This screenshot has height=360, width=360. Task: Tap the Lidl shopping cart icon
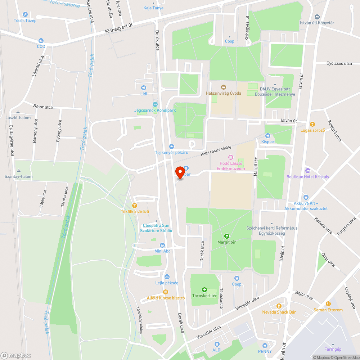click(x=144, y=87)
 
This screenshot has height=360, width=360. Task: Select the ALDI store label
click(x=217, y=350)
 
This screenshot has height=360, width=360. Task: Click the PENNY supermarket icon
click(x=265, y=345)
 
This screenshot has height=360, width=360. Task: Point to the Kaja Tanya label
click(x=153, y=8)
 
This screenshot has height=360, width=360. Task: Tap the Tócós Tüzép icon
click(x=25, y=14)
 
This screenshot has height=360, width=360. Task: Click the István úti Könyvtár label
click(x=317, y=23)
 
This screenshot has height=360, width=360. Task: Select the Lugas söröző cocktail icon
click(x=312, y=124)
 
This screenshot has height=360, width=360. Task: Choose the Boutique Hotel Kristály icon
click(x=307, y=170)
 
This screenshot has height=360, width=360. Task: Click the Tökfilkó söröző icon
click(x=135, y=205)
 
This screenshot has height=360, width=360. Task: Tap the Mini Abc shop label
click(x=162, y=251)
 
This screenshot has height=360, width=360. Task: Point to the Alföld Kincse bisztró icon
click(x=166, y=292)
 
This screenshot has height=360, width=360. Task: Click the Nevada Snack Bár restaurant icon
click(x=279, y=306)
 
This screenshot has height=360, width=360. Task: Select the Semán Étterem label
click(x=328, y=310)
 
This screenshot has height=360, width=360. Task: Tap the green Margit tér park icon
click(x=227, y=236)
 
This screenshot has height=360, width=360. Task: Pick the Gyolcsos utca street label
click(x=339, y=63)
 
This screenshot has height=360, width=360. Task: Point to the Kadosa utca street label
click(x=323, y=225)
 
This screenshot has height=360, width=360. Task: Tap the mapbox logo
click(x=16, y=355)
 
